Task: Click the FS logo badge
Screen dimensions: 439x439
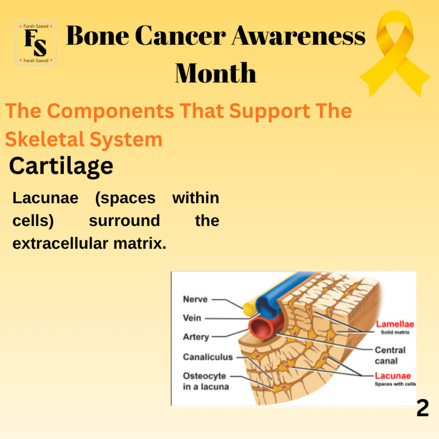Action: [36, 43]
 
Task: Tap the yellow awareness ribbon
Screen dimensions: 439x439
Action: [395, 53]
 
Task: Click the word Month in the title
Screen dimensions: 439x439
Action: [216, 73]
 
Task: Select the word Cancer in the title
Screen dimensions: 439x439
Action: [180, 36]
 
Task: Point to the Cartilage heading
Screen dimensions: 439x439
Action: [61, 166]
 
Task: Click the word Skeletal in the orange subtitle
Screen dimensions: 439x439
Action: [45, 139]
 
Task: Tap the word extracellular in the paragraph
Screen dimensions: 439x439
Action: [60, 244]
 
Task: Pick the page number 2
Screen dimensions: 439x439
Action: [422, 408]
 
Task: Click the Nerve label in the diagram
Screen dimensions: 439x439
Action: [195, 299]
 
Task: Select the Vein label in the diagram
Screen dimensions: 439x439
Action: [192, 318]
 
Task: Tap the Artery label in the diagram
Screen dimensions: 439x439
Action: [196, 337]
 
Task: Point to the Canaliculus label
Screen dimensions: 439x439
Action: [208, 357]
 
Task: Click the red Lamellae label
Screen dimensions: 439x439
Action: [395, 324]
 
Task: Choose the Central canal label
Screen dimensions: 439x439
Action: [390, 355]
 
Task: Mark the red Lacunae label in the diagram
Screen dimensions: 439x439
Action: [393, 376]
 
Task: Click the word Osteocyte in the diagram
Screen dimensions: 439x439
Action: [204, 376]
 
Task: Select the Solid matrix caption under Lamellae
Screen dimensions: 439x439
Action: [395, 332]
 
